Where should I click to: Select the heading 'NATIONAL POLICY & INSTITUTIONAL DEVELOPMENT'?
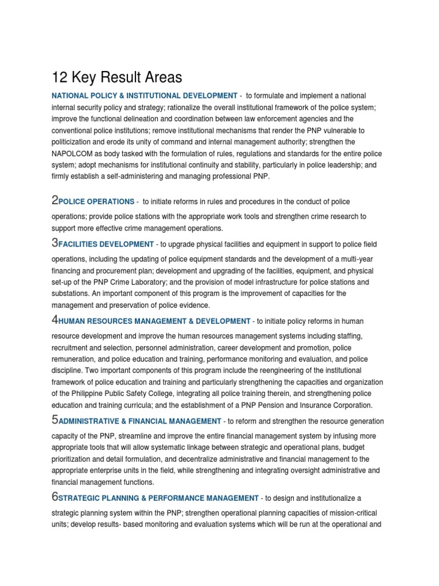144,96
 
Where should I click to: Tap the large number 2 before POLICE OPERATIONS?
55,200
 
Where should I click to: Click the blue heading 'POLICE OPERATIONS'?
96,202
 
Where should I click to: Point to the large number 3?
55,243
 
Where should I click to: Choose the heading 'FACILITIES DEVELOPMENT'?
106,244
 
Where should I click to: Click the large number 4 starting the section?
55,320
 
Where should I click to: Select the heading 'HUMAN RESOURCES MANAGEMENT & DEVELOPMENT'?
154,322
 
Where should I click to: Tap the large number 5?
55,419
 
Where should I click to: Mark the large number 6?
55,497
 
